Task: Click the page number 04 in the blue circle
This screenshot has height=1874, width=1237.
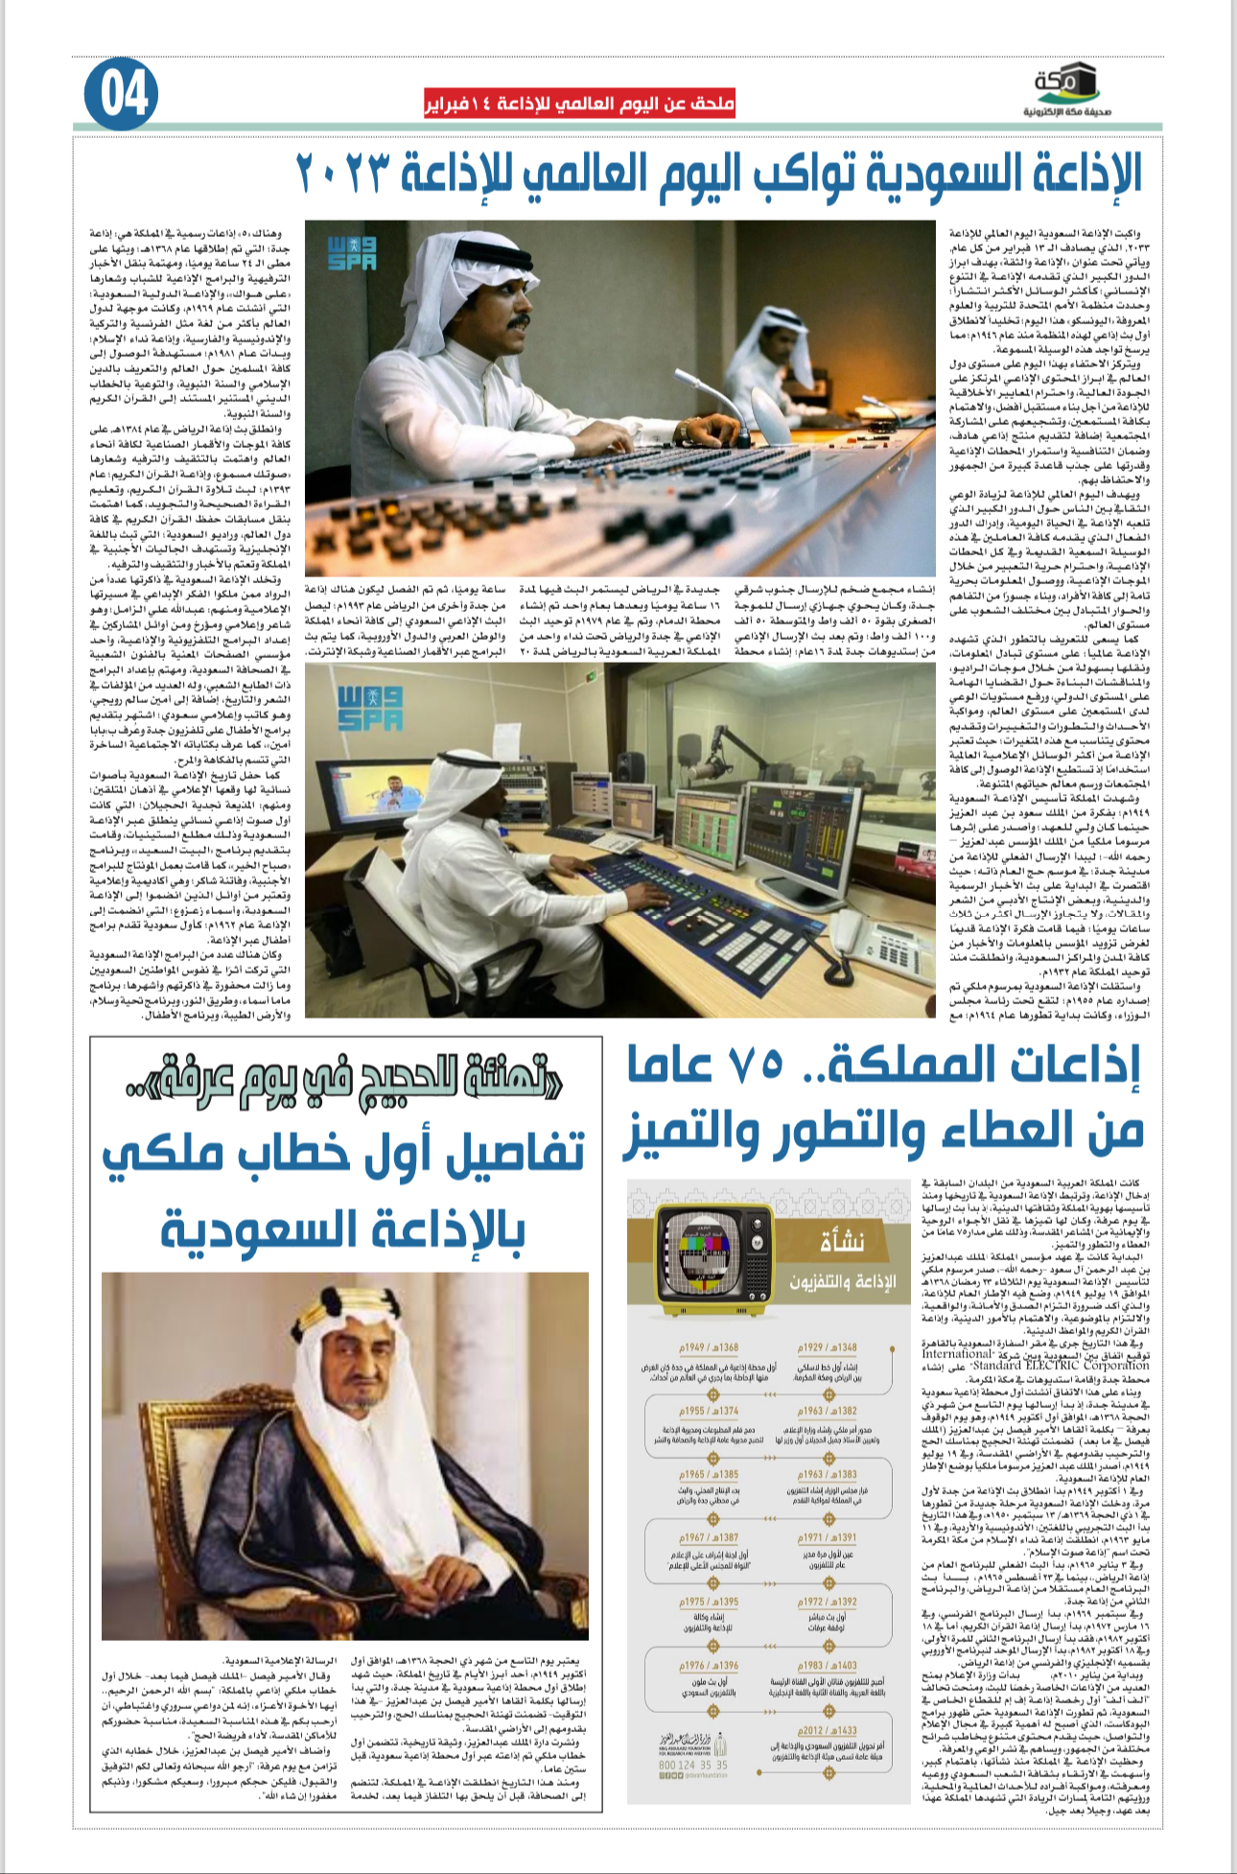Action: [x=122, y=94]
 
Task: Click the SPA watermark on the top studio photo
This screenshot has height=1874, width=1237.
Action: [x=353, y=252]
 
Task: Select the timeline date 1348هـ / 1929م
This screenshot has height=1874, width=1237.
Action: [x=828, y=1347]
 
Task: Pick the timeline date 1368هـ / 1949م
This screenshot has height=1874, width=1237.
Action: [x=709, y=1347]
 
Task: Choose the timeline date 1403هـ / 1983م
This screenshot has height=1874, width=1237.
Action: [x=828, y=1666]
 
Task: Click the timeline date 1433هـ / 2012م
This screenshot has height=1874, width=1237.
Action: [x=828, y=1730]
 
